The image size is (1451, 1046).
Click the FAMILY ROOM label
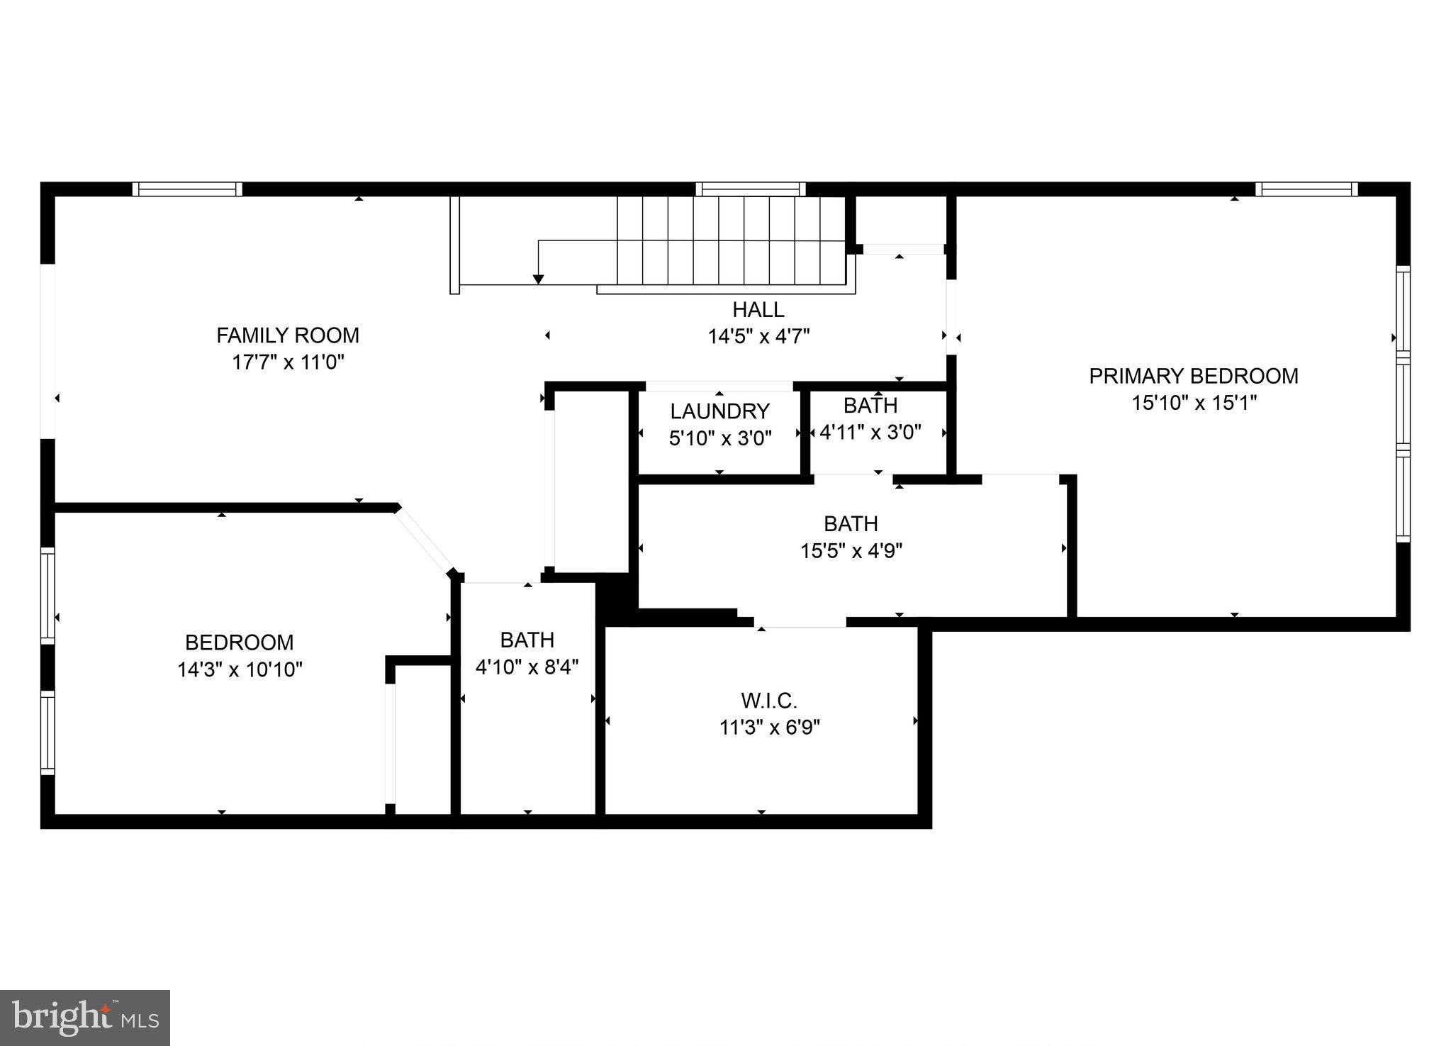tap(287, 335)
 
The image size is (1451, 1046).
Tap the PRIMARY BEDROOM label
tap(1194, 376)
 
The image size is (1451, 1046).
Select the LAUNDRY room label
tap(719, 411)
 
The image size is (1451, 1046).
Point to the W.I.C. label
tap(769, 701)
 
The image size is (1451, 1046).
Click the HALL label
tap(758, 309)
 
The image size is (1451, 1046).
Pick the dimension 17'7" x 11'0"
tap(287, 362)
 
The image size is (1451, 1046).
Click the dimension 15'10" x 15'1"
tap(1194, 403)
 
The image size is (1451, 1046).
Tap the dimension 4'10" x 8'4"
tap(527, 667)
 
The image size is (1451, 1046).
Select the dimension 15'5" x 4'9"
tap(851, 550)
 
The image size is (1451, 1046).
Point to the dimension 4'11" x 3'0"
tap(870, 432)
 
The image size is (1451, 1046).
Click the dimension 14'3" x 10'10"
tap(240, 669)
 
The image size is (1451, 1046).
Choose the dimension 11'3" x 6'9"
tap(769, 728)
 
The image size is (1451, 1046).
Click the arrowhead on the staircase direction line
tap(538, 279)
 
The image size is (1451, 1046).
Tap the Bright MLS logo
tap(84, 1018)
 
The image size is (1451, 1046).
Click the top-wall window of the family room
tap(187, 189)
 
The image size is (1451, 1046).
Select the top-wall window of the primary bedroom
tap(1306, 189)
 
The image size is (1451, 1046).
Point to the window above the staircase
tap(750, 189)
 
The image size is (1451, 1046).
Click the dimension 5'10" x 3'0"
tap(719, 438)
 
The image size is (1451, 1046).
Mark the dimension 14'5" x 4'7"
tap(758, 336)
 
